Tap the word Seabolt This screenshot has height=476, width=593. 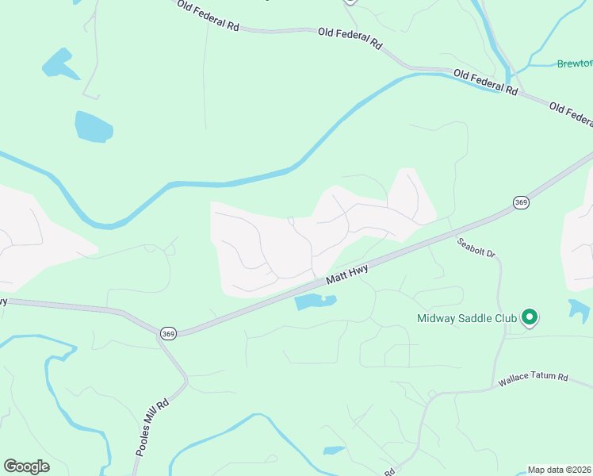(471, 246)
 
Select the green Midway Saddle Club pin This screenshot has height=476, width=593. (530, 318)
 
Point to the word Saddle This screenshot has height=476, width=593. (473, 319)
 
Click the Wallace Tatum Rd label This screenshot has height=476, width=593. (534, 380)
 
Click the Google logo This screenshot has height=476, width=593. (26, 466)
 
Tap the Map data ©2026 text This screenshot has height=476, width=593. (560, 470)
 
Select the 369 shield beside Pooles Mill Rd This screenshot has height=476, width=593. (167, 333)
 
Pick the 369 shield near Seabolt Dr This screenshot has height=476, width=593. (521, 203)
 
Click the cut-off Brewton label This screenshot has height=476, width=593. (574, 63)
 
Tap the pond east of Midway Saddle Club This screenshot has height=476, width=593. (579, 309)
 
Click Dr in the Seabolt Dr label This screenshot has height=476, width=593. (490, 254)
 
